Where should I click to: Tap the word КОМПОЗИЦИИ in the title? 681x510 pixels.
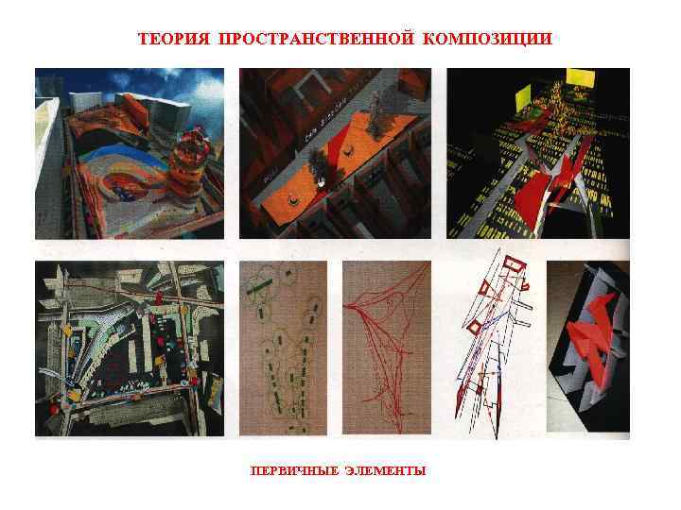click(x=486, y=40)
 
